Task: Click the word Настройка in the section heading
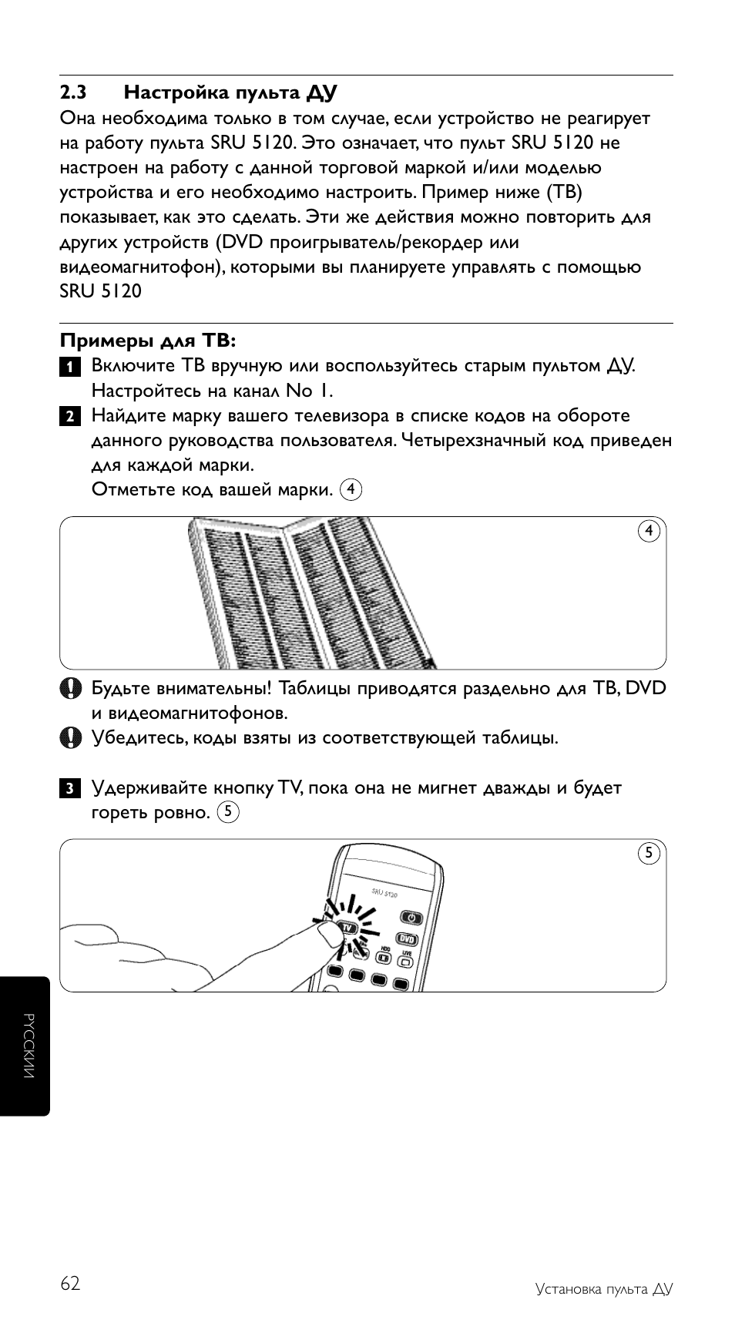click(169, 93)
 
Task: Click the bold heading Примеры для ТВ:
click(148, 340)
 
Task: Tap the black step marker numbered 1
click(69, 367)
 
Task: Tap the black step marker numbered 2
click(69, 417)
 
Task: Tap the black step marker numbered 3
click(69, 789)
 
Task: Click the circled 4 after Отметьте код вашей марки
click(351, 489)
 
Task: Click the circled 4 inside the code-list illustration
click(649, 531)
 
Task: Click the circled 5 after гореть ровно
click(228, 811)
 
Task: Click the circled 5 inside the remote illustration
click(649, 853)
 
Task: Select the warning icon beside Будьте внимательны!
click(70, 688)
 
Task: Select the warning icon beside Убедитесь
click(70, 738)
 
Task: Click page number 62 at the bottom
click(69, 1284)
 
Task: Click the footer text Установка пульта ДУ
click(604, 1289)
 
